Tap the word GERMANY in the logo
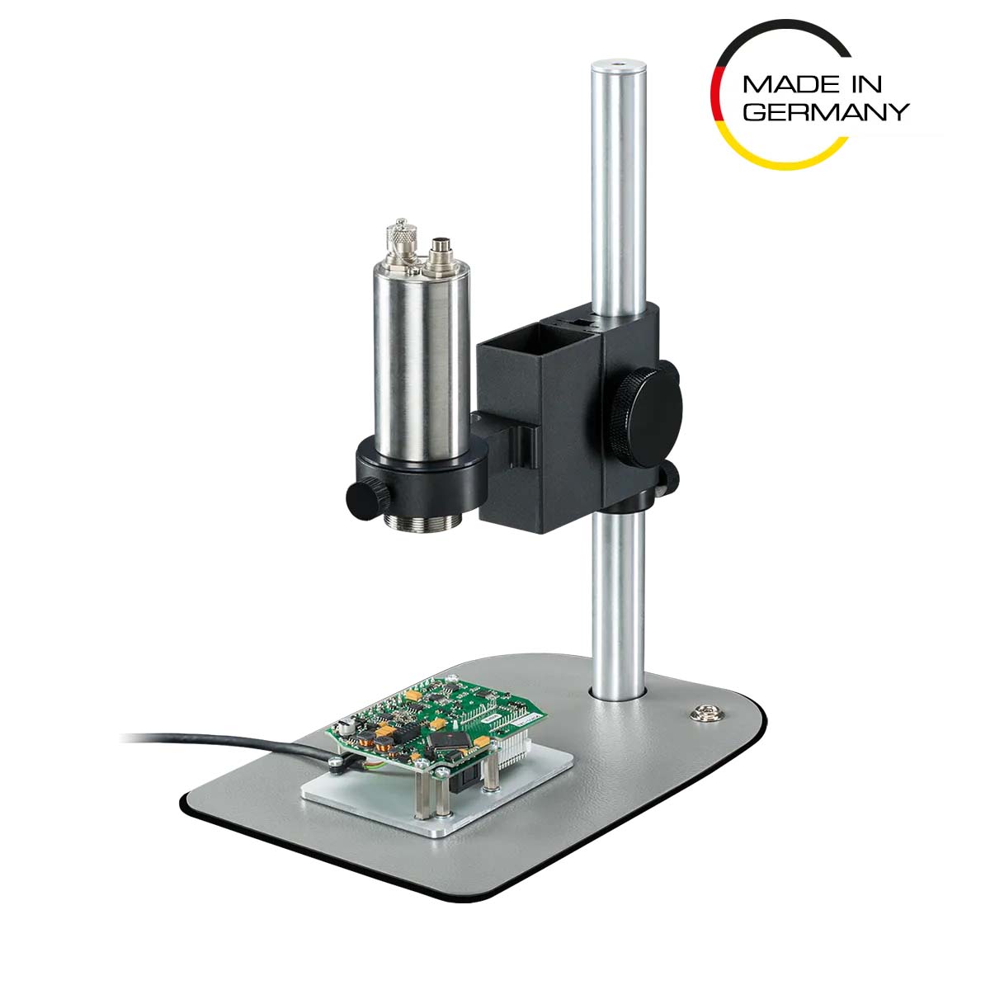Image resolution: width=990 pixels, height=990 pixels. point(826,111)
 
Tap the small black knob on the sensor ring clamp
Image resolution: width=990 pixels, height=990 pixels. point(367,499)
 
